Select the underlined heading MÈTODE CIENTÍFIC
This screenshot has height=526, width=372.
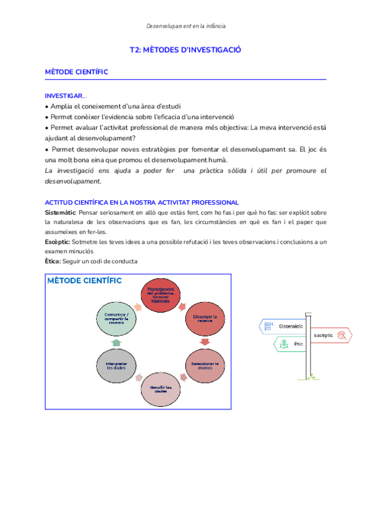click(x=77, y=72)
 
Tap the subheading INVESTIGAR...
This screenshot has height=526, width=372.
click(x=66, y=96)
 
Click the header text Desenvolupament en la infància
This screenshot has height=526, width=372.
click(x=185, y=26)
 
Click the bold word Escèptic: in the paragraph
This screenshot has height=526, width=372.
click(x=58, y=241)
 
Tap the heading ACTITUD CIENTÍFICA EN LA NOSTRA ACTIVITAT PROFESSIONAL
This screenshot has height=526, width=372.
click(x=142, y=202)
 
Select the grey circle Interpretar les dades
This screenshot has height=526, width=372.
click(x=117, y=365)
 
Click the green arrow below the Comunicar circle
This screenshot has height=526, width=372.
click(x=117, y=342)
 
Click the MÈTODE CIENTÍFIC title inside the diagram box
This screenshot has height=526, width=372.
click(x=85, y=281)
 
